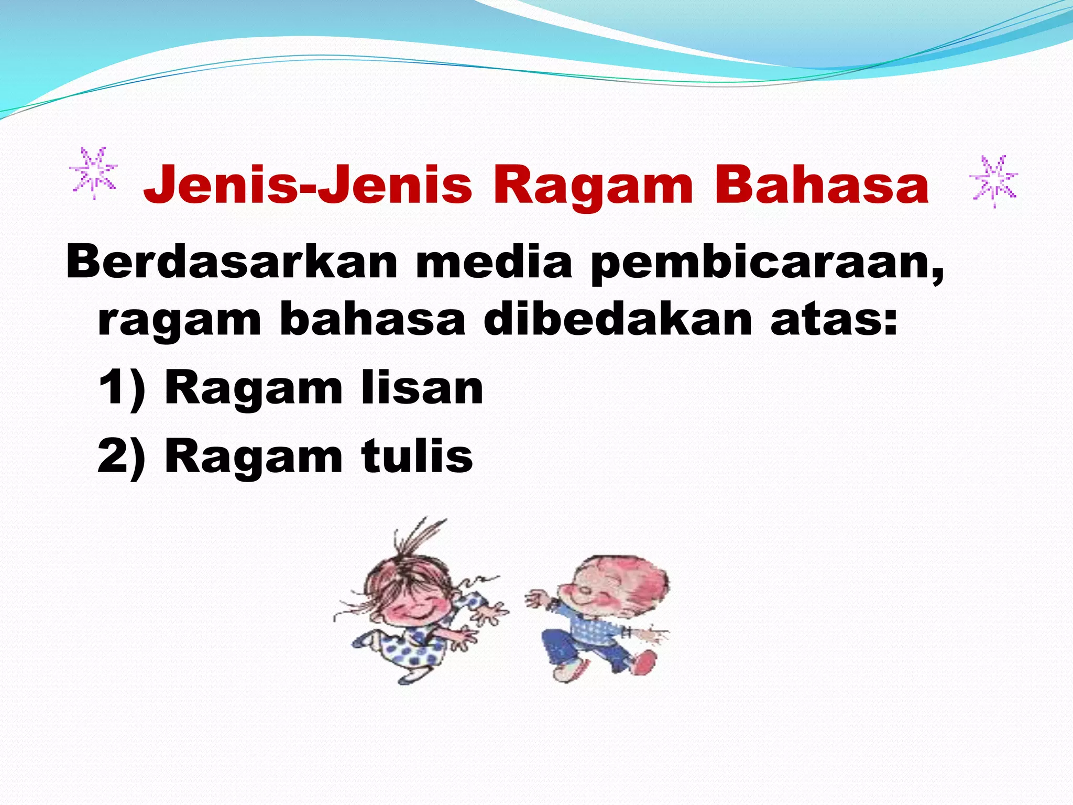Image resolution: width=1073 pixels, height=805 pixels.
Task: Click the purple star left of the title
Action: point(94,172)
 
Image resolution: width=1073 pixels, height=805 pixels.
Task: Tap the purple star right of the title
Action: point(994,181)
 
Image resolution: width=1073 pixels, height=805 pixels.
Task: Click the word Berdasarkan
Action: point(231,262)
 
